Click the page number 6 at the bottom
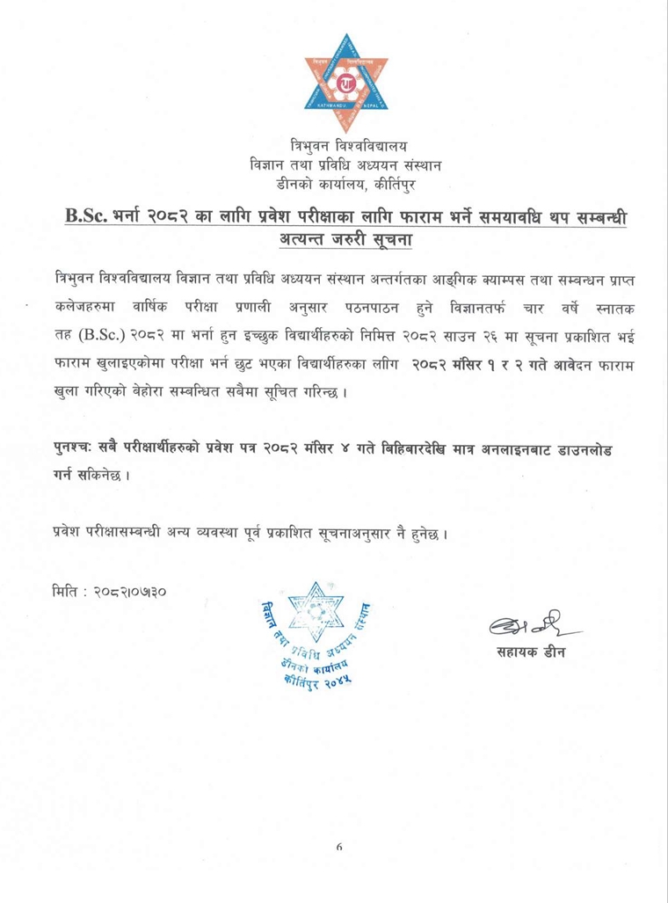[338, 848]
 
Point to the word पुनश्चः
[75, 450]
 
